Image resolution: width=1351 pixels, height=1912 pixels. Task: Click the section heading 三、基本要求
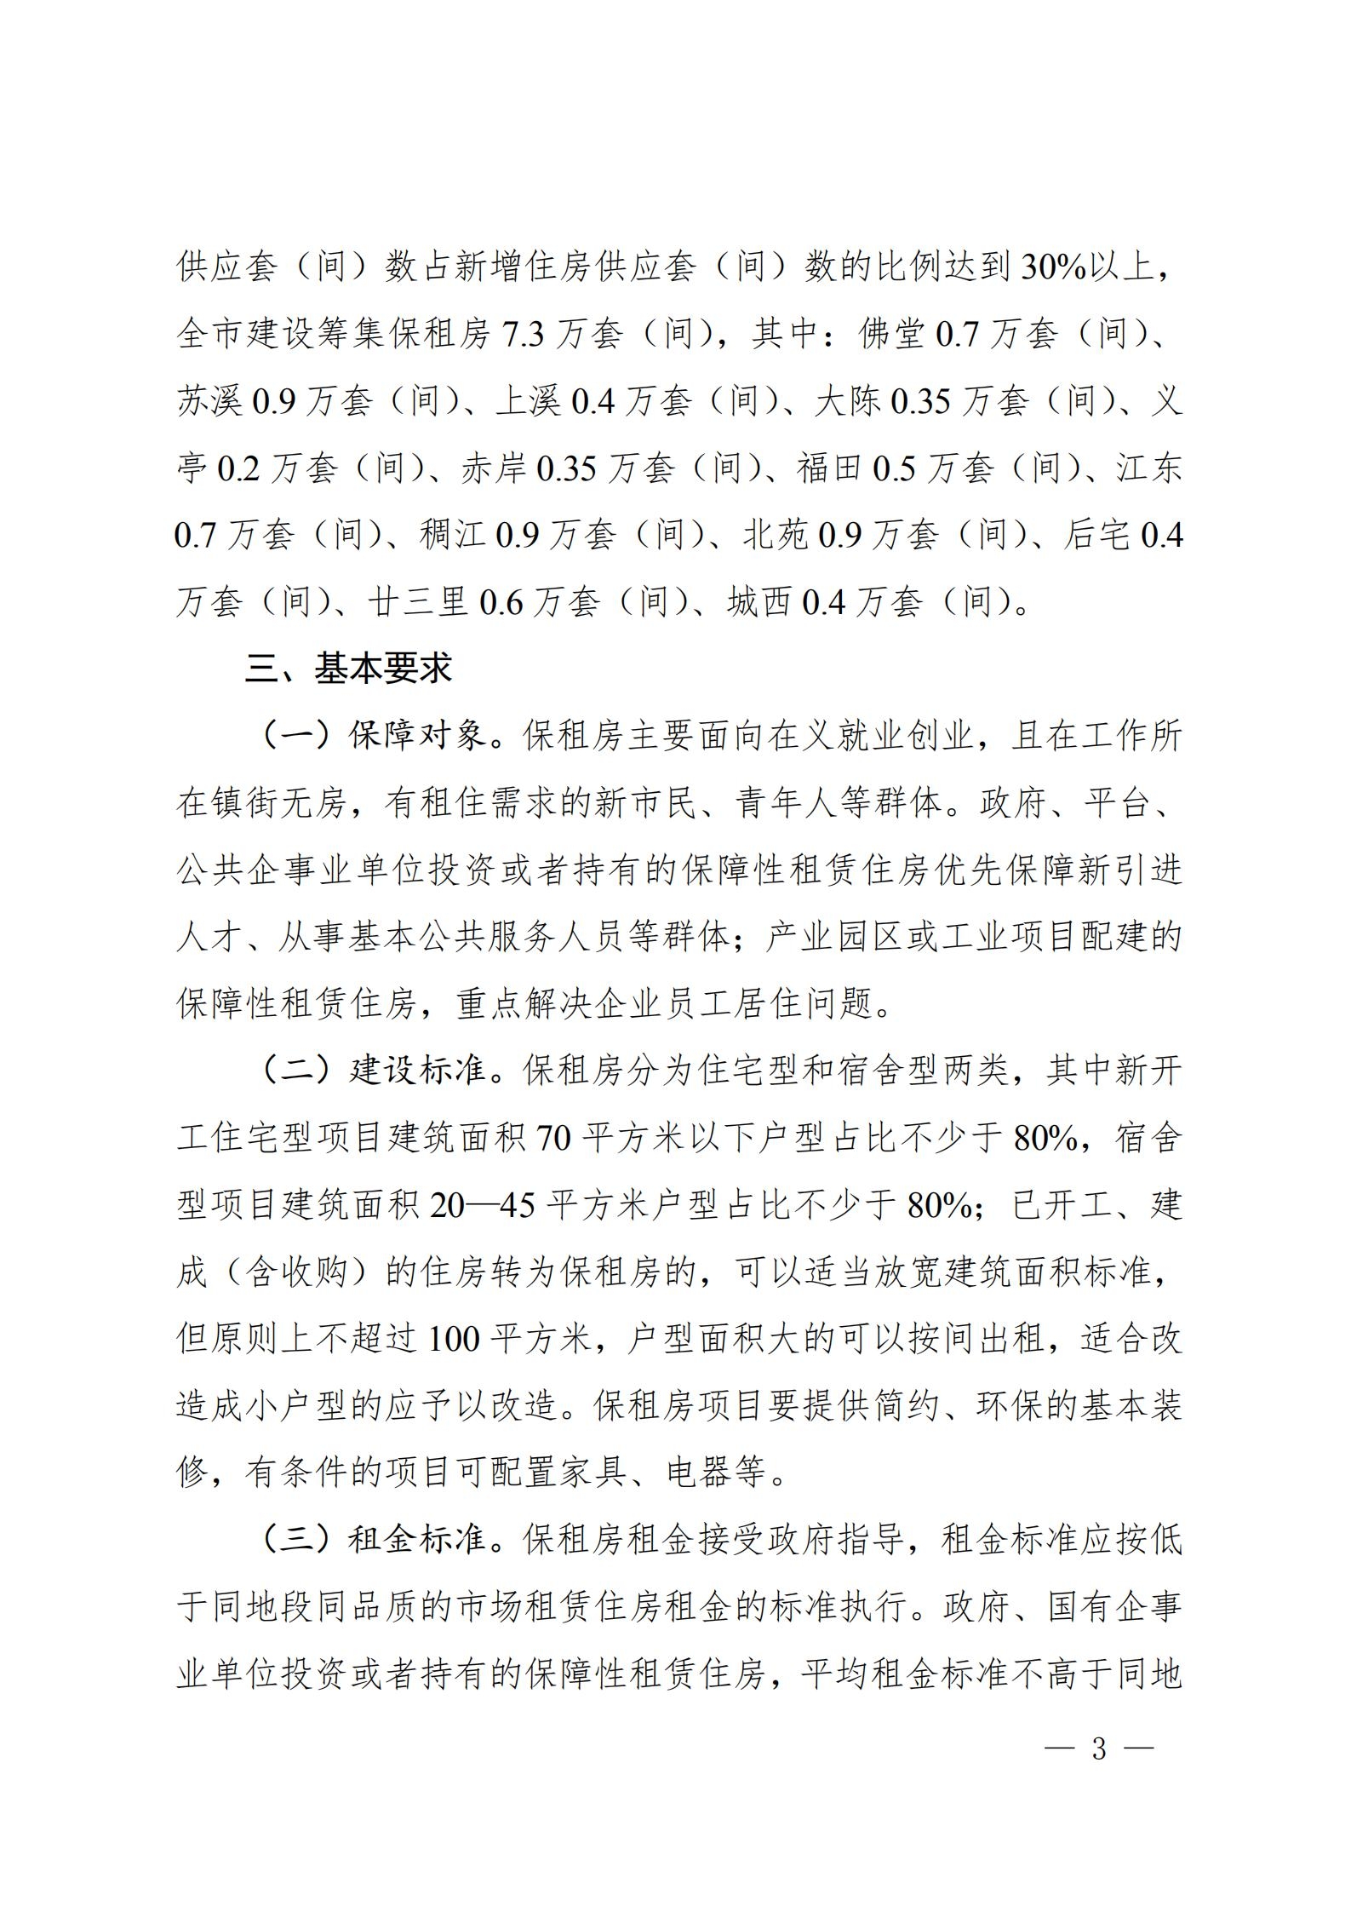pos(348,669)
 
